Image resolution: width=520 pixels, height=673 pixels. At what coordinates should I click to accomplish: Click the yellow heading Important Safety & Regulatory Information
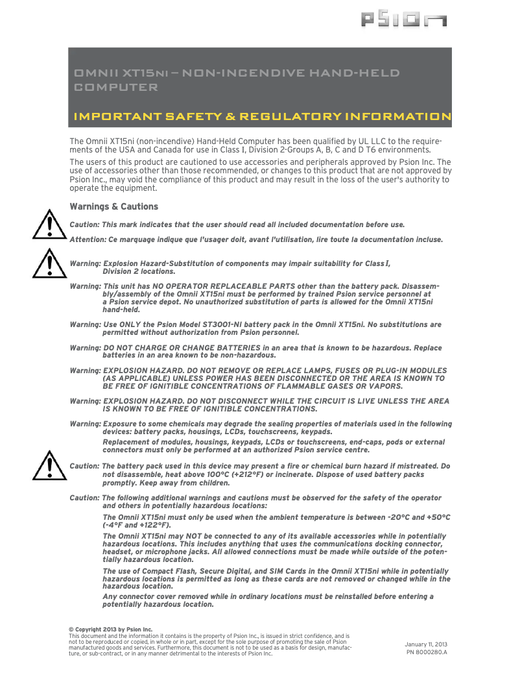pyautogui.click(x=263, y=117)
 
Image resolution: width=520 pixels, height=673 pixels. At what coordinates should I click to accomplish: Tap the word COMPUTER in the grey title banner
pyautogui.click(x=116, y=87)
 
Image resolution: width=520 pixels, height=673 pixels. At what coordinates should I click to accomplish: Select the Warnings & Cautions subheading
pyautogui.click(x=113, y=206)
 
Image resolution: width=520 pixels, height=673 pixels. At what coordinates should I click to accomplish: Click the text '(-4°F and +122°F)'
pyautogui.click(x=137, y=524)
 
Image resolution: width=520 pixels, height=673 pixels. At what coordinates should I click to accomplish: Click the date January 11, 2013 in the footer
pyautogui.click(x=426, y=643)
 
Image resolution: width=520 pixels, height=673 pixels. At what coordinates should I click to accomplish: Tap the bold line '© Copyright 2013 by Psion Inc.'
pyautogui.click(x=110, y=629)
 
